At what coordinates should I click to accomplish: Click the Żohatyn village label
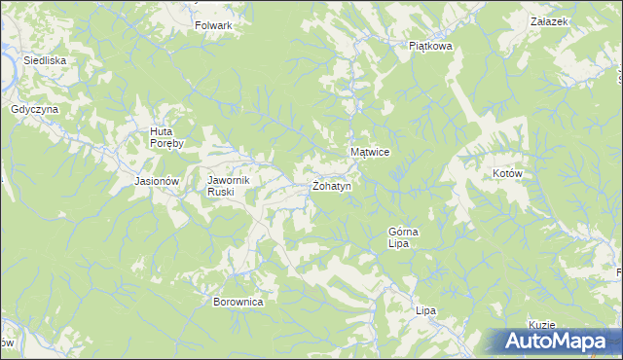tap(331, 186)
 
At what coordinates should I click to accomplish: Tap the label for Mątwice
tap(370, 153)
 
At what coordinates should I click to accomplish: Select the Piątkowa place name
tap(430, 45)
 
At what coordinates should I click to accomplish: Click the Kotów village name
tap(508, 174)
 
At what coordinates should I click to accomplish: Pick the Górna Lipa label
tap(403, 238)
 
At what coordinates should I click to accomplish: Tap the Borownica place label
tap(238, 302)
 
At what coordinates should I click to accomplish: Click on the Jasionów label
tap(158, 181)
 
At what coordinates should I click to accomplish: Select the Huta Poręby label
tap(173, 137)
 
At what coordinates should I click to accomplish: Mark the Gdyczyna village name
tap(35, 110)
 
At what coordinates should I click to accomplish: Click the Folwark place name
tap(213, 25)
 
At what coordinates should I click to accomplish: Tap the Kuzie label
tap(542, 325)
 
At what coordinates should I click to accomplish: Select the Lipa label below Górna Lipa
tap(424, 310)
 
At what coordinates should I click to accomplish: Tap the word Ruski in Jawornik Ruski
tap(219, 192)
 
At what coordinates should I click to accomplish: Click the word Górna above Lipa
tap(403, 232)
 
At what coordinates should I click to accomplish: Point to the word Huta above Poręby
tap(161, 131)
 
